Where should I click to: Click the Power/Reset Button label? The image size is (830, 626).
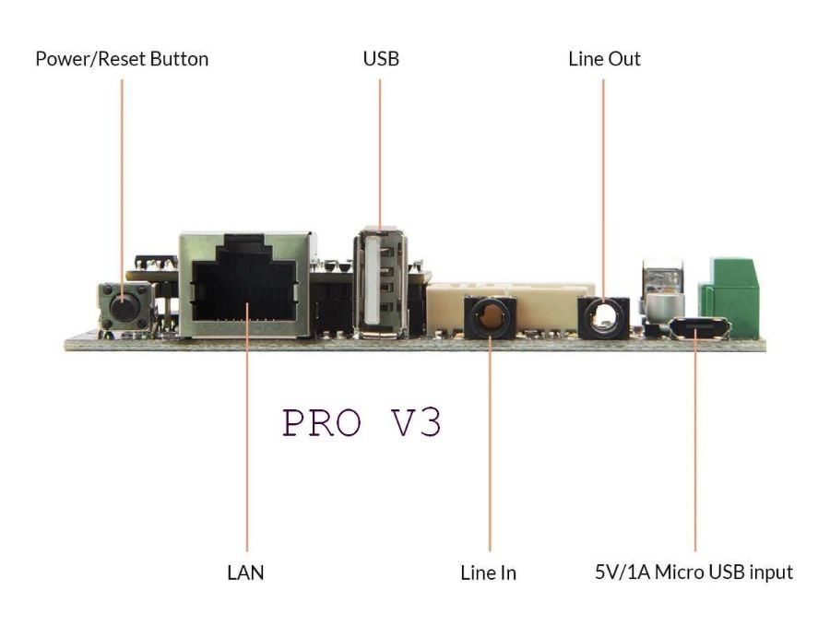pyautogui.click(x=122, y=59)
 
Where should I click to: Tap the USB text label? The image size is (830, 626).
pyautogui.click(x=380, y=59)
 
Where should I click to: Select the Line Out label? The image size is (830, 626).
pyautogui.click(x=604, y=59)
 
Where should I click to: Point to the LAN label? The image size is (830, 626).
pyautogui.click(x=245, y=573)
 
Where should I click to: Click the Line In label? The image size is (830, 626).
pyautogui.click(x=488, y=573)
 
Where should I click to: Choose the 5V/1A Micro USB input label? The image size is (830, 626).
pyautogui.click(x=694, y=573)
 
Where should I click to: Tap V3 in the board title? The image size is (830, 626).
pyautogui.click(x=413, y=422)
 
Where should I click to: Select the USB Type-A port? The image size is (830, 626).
pyautogui.click(x=380, y=281)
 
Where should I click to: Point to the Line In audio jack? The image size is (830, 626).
pyautogui.click(x=489, y=318)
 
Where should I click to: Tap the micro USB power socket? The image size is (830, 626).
pyautogui.click(x=699, y=328)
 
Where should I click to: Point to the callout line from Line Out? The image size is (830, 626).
pyautogui.click(x=603, y=184)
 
